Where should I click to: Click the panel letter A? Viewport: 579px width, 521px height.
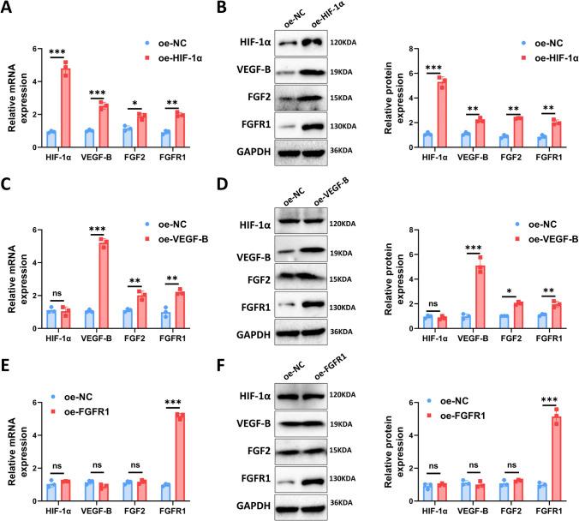click(x=9, y=10)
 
